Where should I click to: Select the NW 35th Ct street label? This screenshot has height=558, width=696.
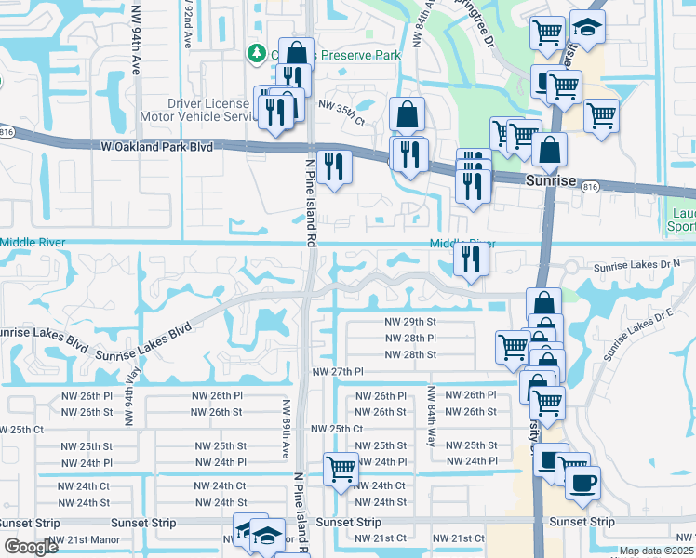[342, 109]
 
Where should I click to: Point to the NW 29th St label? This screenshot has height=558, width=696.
[410, 321]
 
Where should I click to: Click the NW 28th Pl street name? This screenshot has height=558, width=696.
[410, 339]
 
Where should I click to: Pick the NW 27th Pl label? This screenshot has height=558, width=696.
[337, 372]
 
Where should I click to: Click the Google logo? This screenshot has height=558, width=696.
[31, 548]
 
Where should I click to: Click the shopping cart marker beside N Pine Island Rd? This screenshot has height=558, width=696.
[341, 469]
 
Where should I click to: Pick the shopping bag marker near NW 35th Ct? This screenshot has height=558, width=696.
[407, 116]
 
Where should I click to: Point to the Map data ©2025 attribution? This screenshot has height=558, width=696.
[657, 551]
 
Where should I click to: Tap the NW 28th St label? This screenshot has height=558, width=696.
[410, 355]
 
